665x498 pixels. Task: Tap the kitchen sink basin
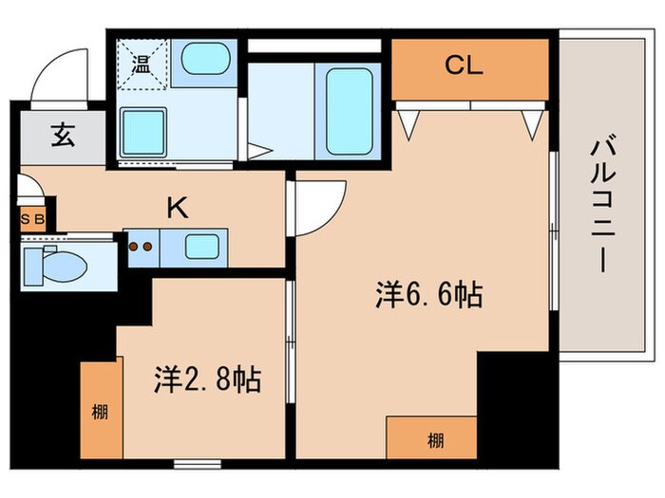tap(201, 249)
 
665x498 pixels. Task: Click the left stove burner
tap(134, 249)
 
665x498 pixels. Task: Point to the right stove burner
tap(149, 249)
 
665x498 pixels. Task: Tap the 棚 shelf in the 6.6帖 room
tap(433, 439)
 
